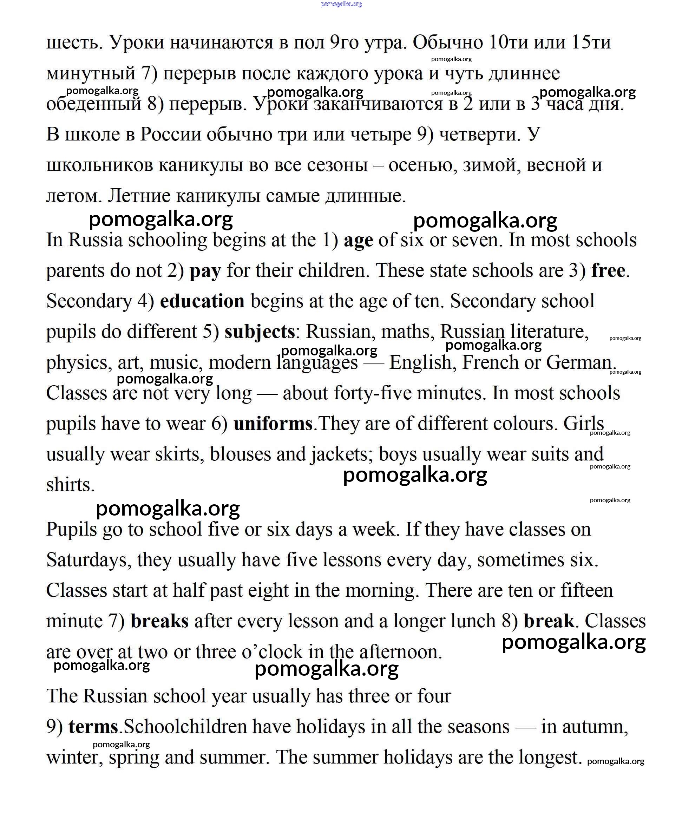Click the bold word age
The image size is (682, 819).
click(358, 241)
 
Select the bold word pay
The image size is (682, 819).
click(205, 271)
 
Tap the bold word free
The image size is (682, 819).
click(608, 270)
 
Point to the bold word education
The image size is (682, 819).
click(202, 301)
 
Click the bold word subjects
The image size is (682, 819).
click(259, 332)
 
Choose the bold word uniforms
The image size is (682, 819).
click(273, 424)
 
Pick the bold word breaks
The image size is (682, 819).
click(159, 621)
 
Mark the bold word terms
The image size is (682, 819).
click(93, 727)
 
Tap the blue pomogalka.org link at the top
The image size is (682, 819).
click(341, 4)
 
